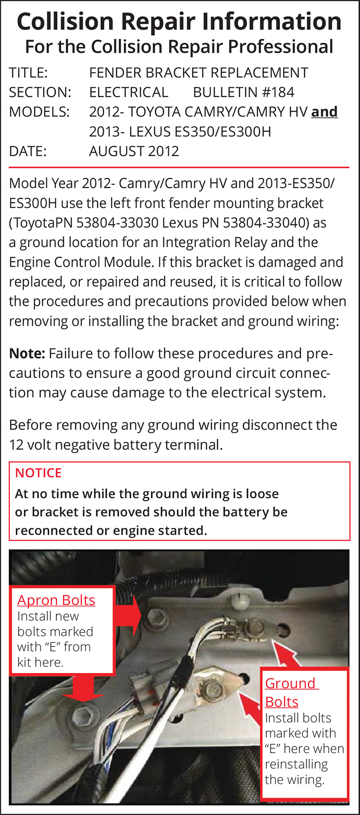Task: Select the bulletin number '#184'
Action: (x=278, y=92)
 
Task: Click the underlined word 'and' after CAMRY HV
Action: (x=324, y=112)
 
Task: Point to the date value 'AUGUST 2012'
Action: (x=134, y=151)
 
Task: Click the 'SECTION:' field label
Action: (x=40, y=92)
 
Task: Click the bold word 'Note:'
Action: (x=27, y=354)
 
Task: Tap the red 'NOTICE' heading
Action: (x=38, y=473)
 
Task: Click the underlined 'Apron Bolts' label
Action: (x=56, y=600)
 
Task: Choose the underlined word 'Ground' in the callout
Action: (x=290, y=683)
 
